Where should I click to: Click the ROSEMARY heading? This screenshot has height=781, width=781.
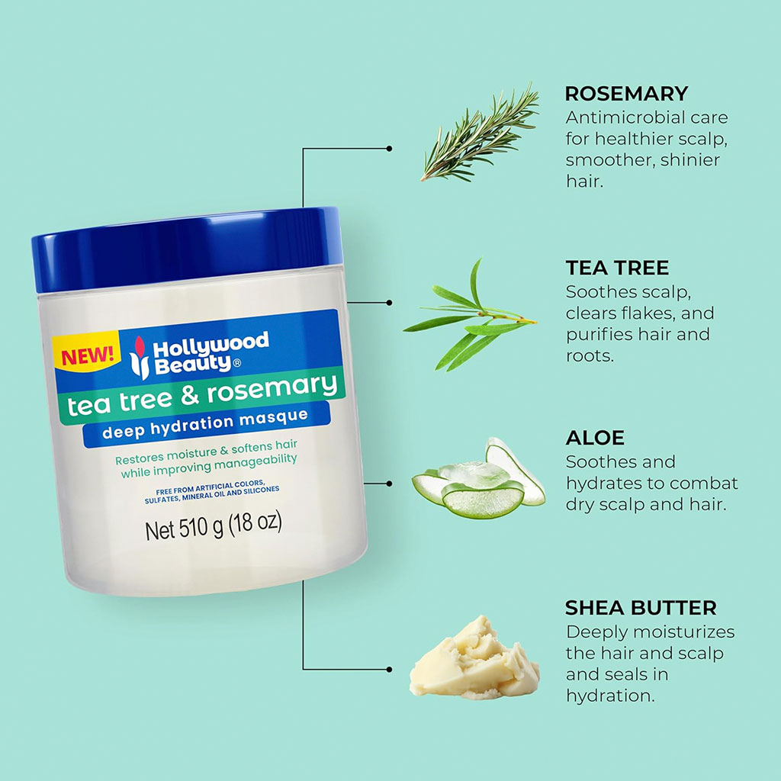click(626, 94)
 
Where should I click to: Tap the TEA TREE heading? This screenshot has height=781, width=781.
click(617, 268)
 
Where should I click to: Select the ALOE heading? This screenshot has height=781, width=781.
click(595, 438)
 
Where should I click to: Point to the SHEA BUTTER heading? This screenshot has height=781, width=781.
click(641, 608)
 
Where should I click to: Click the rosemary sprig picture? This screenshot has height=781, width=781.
click(480, 133)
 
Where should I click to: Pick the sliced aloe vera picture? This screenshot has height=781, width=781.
click(479, 478)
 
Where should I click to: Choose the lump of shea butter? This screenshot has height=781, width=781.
click(474, 657)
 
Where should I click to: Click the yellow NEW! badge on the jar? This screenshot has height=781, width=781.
click(87, 355)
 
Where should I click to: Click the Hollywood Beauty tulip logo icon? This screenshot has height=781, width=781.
click(139, 358)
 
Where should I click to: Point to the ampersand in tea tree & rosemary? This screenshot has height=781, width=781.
click(190, 396)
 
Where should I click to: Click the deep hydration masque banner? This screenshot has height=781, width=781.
click(206, 423)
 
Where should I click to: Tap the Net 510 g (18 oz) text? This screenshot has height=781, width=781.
click(214, 526)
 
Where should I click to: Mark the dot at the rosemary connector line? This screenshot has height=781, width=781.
click(389, 149)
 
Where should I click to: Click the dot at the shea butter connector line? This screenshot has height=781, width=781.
click(389, 670)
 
